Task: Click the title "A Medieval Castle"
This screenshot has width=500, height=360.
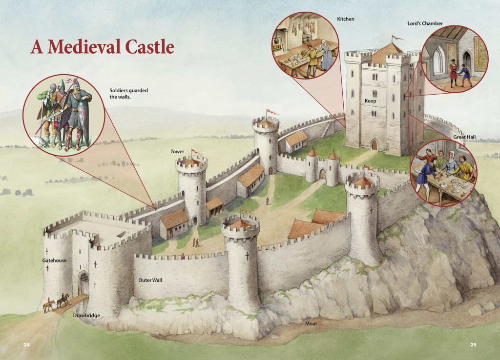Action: [x=102, y=47]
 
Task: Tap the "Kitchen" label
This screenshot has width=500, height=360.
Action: [x=345, y=19]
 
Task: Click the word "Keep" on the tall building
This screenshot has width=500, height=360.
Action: [x=371, y=101]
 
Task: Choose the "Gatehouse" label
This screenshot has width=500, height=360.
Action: [x=54, y=260]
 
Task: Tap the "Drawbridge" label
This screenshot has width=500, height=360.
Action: [x=86, y=315]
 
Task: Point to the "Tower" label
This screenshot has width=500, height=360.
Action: [x=177, y=152]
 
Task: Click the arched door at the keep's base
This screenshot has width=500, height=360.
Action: [x=375, y=144]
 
